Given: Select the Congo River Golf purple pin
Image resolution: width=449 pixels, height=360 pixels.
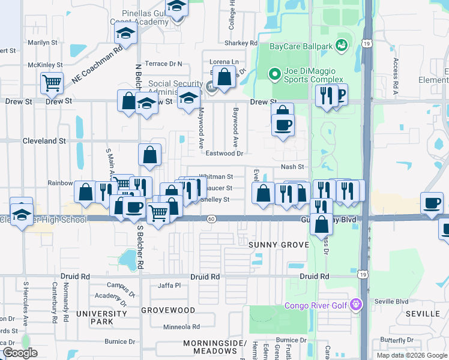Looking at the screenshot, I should (x=357, y=304).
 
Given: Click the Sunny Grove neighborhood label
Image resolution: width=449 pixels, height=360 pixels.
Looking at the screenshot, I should (x=279, y=245).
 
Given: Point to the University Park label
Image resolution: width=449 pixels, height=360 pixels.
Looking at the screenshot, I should (x=92, y=317).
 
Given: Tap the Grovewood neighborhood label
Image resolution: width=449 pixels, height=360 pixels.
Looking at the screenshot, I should (x=168, y=310).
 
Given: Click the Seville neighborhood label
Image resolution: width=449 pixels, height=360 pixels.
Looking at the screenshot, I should (x=423, y=314).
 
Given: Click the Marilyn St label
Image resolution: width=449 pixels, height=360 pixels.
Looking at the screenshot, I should (x=43, y=43).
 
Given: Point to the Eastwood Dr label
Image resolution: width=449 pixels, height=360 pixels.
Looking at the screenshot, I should (x=224, y=154).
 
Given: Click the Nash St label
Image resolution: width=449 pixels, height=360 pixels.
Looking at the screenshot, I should (x=293, y=167).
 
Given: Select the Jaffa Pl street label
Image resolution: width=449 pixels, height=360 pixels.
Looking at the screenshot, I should (x=169, y=286).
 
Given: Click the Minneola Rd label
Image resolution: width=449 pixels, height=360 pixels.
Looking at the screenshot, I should (x=182, y=326).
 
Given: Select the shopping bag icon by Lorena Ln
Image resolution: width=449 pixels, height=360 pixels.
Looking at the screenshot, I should (x=224, y=77).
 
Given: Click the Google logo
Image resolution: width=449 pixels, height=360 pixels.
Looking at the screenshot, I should (x=19, y=353).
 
